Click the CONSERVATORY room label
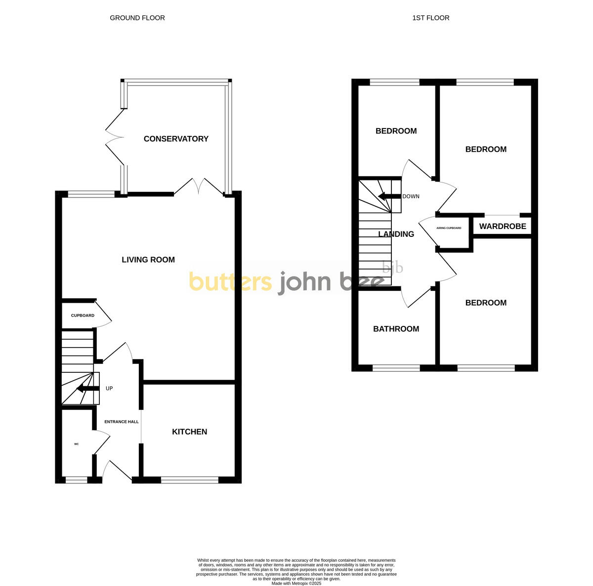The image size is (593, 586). coord(176,139)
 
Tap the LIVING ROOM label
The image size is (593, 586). coord(148,260)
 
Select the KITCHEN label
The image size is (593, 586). coord(189,432)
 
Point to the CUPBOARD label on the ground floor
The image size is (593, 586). coord(83,316)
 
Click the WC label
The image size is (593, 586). coord(77,444)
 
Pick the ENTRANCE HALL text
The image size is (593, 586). coord(122,422)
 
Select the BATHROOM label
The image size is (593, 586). coord(396,329)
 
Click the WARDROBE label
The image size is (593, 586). coord(503,227)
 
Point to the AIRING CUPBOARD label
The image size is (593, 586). coord(449,228)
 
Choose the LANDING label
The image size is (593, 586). coord(396,234)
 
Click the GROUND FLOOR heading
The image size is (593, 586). coord(137,18)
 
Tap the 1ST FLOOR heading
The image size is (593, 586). coord(431,18)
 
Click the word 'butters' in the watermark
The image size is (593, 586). coord(230,282)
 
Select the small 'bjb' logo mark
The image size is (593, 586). coord(393,268)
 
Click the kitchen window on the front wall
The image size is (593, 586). coord(190,479)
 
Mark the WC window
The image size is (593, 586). coord(77,479)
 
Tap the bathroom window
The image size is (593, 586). coord(396,367)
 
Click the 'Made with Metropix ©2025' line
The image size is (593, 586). coord(296,583)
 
